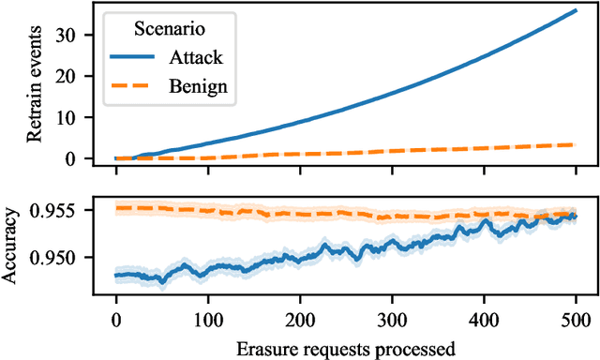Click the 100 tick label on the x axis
coord(208,316)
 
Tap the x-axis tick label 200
coord(300,316)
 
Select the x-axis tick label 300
coord(392,316)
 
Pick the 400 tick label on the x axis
coord(484,316)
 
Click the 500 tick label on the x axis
coord(576,316)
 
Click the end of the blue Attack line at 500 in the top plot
coord(576,10)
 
